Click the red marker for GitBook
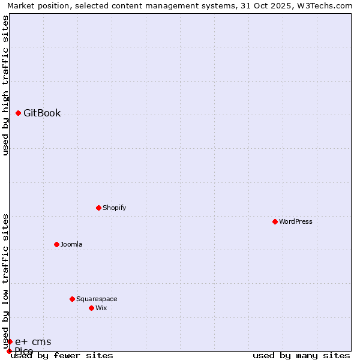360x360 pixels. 19,113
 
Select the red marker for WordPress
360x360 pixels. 275,221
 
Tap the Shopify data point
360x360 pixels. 99,208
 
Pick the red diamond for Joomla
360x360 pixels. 57,244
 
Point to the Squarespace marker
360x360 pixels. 73,299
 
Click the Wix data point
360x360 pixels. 92,308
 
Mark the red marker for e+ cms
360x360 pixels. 10,342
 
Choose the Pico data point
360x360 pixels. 9,351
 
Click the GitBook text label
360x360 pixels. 42,113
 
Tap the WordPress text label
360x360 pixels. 296,221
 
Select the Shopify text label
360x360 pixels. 114,208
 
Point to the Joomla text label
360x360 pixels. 71,244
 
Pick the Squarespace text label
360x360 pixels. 97,299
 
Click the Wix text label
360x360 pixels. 101,308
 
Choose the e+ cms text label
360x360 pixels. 33,342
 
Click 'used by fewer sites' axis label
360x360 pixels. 62,356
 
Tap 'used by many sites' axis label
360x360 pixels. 301,356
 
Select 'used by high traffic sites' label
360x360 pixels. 5,85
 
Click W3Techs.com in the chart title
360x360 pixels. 328,5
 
